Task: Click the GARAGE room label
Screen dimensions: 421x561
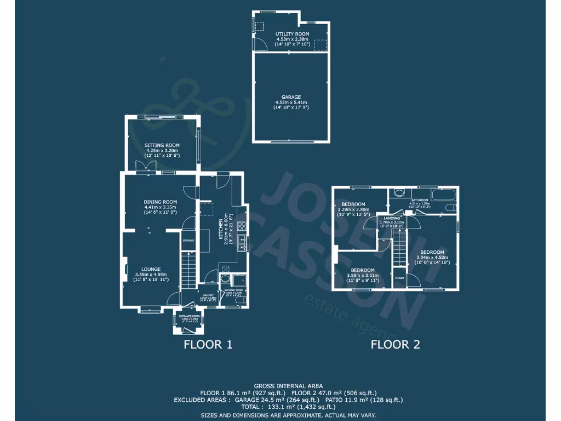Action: pos(291,97)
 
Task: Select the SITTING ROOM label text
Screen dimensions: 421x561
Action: pos(162,145)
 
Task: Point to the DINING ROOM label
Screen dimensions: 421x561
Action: pos(160,202)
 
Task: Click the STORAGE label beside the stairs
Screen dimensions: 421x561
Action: pos(188,240)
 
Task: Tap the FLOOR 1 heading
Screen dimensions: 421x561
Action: pos(208,345)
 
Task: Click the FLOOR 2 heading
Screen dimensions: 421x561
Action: pos(395,345)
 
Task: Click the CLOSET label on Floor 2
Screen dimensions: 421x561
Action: pos(399,278)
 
